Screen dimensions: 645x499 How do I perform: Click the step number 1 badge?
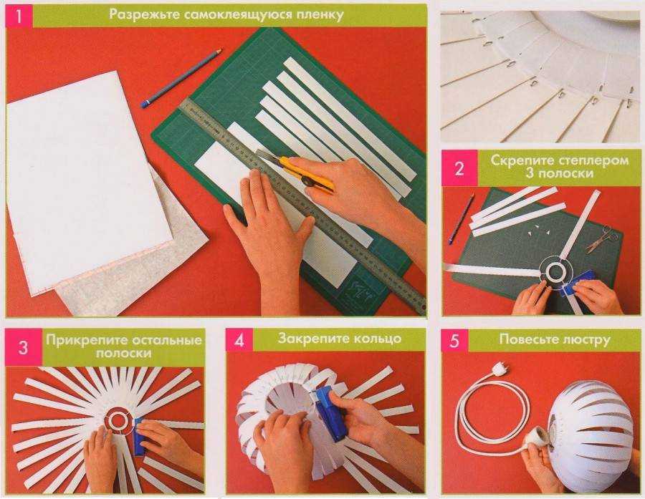pyautogui.click(x=19, y=16)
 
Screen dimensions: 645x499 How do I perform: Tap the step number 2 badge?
pyautogui.click(x=459, y=168)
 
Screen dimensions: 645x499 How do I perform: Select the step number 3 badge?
pyautogui.click(x=24, y=347)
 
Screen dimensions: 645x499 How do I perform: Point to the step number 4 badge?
pyautogui.click(x=239, y=340)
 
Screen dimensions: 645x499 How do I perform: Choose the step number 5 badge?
pyautogui.click(x=455, y=340)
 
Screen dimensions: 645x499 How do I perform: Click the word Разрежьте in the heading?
pyautogui.click(x=144, y=15)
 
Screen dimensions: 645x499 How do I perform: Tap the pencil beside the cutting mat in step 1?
pyautogui.click(x=181, y=78)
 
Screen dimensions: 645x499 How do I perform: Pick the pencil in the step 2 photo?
pyautogui.click(x=461, y=218)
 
